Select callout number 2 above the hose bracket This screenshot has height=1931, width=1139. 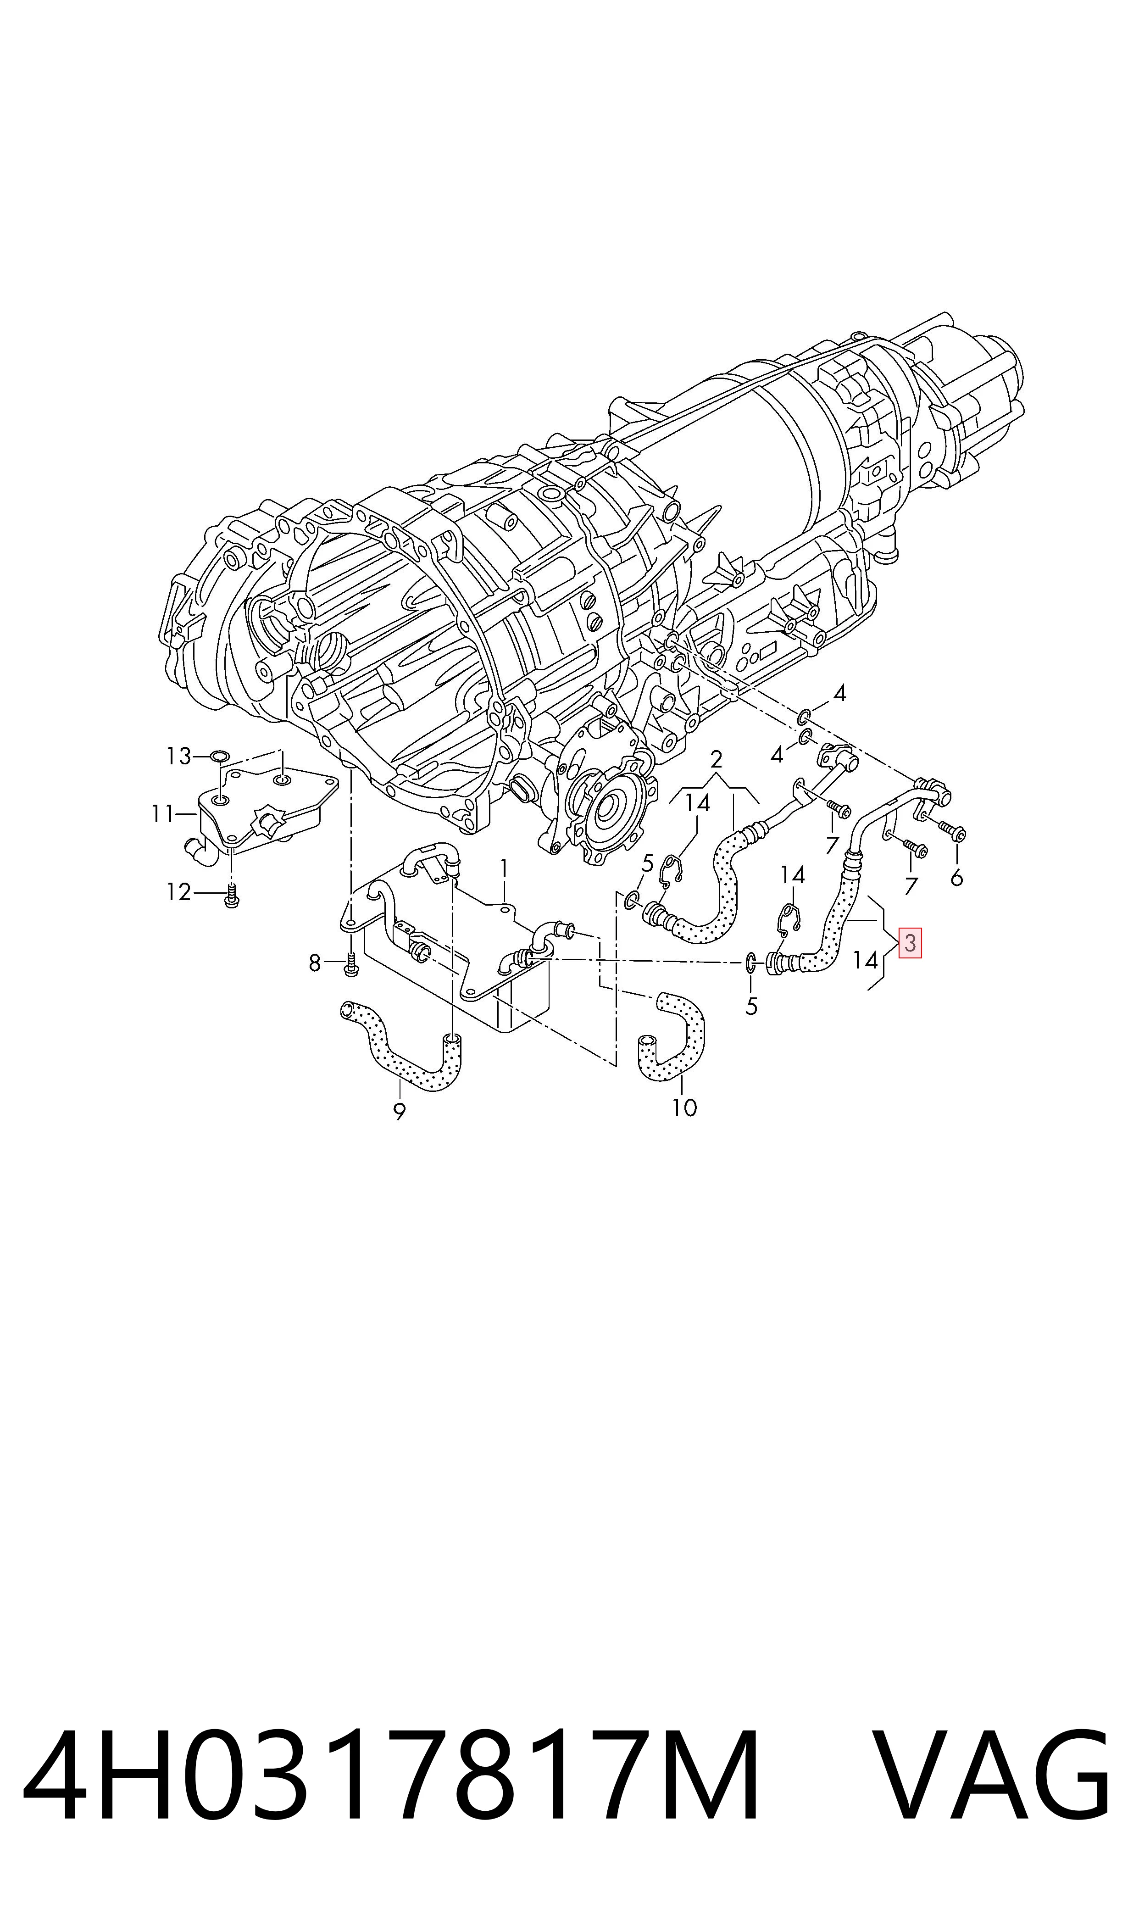point(716,760)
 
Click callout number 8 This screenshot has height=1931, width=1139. point(315,963)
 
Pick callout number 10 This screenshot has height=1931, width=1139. point(684,1107)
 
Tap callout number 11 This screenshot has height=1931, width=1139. point(163,813)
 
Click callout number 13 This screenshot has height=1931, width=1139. point(179,757)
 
